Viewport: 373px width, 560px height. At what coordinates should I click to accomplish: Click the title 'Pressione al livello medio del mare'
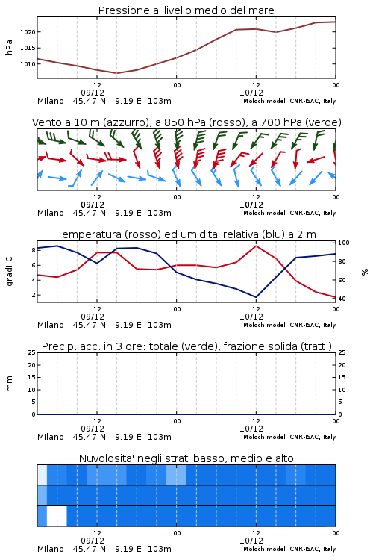186,10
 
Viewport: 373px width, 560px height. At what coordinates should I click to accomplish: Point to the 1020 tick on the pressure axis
28,32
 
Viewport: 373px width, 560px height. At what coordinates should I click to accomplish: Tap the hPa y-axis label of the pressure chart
9,47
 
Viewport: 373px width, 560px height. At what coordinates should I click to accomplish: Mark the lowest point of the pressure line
116,73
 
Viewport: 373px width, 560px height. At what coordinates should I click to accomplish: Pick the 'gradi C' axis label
9,272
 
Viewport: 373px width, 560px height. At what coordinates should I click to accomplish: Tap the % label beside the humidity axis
365,272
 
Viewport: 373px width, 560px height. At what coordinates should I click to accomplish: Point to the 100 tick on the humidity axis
343,243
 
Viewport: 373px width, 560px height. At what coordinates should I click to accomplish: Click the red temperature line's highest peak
257,246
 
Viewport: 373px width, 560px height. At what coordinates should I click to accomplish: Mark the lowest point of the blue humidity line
256,297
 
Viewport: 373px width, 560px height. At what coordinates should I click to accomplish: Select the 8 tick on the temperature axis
34,250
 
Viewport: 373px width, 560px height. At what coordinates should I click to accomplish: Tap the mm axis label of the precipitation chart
9,384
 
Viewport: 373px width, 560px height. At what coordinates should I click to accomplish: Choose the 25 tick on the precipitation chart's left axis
32,352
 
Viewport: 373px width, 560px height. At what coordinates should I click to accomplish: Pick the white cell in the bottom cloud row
57,516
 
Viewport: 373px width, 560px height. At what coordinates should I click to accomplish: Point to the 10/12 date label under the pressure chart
251,93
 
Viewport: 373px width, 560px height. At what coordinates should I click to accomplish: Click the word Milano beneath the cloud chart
50,549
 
